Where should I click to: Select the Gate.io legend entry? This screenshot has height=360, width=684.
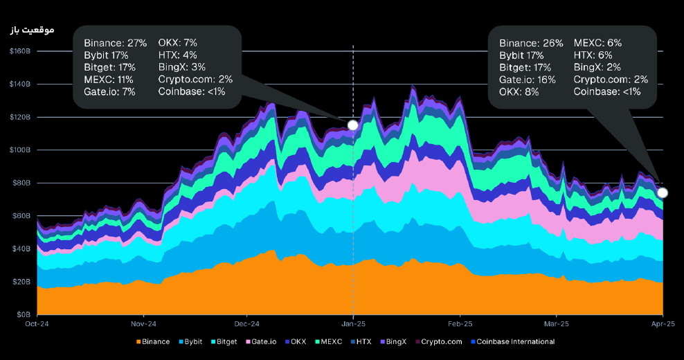(x=264, y=341)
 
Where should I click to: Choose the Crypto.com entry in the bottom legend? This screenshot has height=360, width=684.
(x=440, y=341)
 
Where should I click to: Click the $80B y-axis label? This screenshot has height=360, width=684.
(x=21, y=183)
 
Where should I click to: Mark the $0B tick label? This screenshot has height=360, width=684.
(x=23, y=314)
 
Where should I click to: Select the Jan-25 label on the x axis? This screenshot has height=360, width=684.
(x=353, y=323)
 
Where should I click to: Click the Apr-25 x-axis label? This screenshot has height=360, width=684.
(x=663, y=323)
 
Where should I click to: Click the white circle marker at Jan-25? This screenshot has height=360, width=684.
(x=353, y=125)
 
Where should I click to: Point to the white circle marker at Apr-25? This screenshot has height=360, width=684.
(x=663, y=192)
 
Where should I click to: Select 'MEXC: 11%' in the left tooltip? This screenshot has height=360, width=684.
(x=109, y=80)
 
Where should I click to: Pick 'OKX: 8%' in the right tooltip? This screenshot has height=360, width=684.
(x=519, y=92)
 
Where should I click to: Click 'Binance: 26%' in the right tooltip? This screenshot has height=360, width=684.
(x=531, y=43)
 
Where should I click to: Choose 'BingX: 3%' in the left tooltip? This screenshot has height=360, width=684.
(x=182, y=67)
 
